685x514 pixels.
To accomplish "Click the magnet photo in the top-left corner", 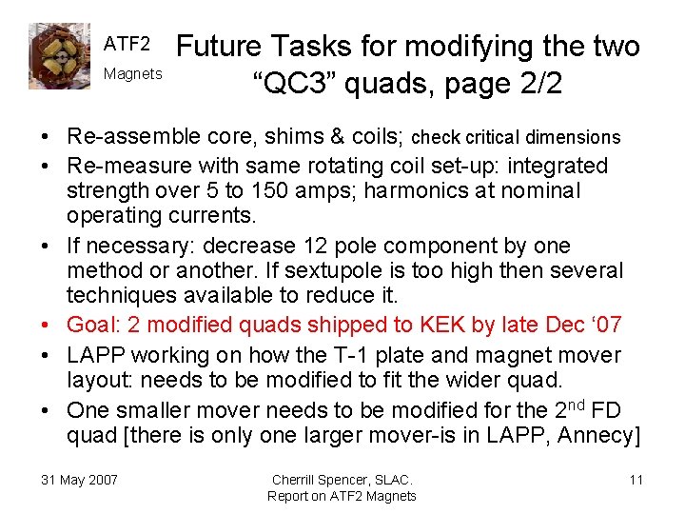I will [x=59, y=57].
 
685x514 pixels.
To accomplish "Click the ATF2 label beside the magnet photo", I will [x=127, y=44].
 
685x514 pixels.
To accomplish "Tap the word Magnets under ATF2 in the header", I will [x=132, y=73].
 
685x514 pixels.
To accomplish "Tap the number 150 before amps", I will [x=283, y=190].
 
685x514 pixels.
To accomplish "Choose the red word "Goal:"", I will [x=93, y=326].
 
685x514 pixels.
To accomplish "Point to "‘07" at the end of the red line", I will [x=603, y=326].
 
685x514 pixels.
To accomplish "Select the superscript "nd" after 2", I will [x=574, y=405].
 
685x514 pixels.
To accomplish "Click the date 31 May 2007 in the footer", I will [x=79, y=479].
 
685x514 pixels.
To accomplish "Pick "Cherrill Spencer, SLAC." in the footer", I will [x=342, y=479].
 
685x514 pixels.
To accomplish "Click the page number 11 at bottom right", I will [x=636, y=479].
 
